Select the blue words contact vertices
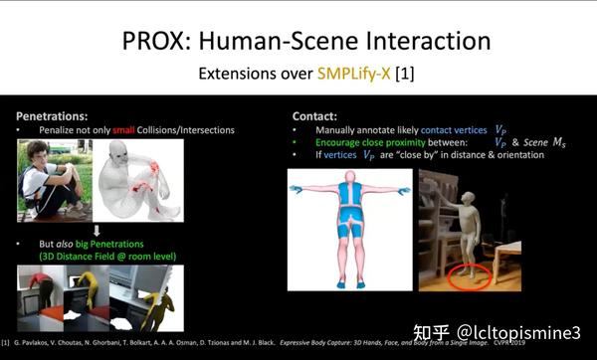point(453,131)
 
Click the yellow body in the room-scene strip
point(153,299)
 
